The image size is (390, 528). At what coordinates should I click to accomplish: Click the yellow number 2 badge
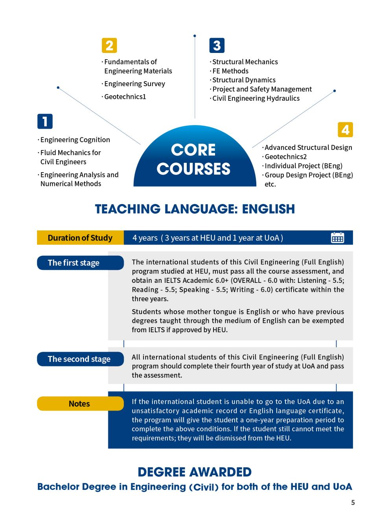[109, 46]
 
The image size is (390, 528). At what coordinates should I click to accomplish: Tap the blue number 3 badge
[217, 46]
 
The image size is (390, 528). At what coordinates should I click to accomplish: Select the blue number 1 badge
[45, 121]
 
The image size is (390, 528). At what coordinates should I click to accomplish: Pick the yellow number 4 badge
[345, 129]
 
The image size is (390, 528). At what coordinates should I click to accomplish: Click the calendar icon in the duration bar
[337, 238]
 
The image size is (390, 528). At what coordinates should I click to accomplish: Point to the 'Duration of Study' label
[80, 238]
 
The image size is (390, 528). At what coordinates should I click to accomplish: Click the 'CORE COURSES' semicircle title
[194, 160]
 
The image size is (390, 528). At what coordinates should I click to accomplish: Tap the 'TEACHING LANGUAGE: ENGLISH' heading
[195, 209]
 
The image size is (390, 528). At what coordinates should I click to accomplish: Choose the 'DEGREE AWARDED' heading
[195, 472]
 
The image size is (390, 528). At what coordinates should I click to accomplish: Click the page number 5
[353, 503]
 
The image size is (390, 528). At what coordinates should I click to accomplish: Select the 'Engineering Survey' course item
[134, 84]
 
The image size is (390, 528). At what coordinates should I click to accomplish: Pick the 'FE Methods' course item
[230, 71]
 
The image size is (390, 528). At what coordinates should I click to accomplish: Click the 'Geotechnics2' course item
[285, 157]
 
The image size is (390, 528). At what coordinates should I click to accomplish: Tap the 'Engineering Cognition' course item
[75, 140]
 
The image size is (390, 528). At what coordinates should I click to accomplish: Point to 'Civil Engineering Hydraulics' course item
[256, 98]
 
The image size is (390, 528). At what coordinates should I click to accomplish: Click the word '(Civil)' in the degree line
[204, 488]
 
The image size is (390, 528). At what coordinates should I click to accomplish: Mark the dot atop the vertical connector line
[195, 36]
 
